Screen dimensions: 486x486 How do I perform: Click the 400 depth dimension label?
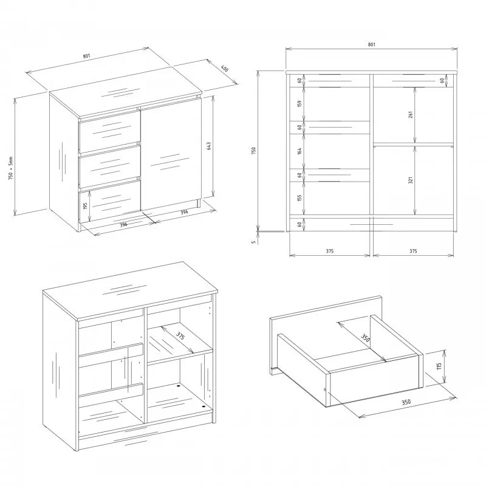(x=225, y=68)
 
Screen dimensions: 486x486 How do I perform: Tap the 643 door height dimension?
(x=208, y=146)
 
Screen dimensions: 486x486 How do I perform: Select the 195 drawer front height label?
(x=86, y=205)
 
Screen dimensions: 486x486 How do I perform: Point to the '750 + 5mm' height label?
(x=11, y=169)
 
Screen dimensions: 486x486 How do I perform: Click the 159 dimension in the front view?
(x=299, y=103)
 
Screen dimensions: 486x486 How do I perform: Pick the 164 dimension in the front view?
(x=299, y=151)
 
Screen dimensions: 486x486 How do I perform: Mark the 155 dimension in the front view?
(x=299, y=198)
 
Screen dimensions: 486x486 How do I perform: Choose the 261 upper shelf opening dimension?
(x=411, y=115)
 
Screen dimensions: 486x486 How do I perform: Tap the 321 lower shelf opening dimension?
(x=411, y=180)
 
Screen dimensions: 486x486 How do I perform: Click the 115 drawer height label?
(x=439, y=366)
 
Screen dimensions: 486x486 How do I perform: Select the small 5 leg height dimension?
(x=253, y=242)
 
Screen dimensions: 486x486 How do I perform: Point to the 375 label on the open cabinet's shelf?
(x=180, y=336)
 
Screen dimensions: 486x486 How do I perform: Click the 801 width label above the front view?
(x=371, y=44)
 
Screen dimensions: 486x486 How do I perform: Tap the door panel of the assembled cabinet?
(x=171, y=154)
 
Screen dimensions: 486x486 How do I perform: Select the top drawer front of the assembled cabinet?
(x=110, y=132)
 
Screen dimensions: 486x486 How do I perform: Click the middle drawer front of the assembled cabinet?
(x=110, y=166)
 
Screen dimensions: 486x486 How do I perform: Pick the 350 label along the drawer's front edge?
(x=406, y=402)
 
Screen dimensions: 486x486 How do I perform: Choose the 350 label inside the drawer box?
(x=365, y=338)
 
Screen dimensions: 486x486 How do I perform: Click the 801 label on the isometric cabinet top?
(x=86, y=56)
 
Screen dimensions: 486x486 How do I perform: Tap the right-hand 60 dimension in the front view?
(x=442, y=80)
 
